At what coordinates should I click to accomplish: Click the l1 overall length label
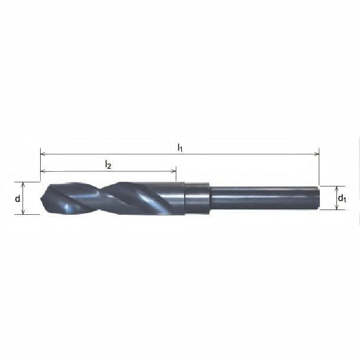pos(181,148)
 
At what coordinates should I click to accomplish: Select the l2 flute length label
pos(108,165)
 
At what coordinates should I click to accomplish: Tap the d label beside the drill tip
pos(18,198)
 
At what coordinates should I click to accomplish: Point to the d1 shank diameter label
pos(342,199)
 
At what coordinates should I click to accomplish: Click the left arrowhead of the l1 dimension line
pos(42,155)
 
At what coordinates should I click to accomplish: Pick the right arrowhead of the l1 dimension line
pos(316,155)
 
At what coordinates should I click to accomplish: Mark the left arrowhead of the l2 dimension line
pos(42,172)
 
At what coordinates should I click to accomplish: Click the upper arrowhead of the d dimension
pos(24,184)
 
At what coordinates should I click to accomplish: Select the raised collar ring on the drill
pos(198,198)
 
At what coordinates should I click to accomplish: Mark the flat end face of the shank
pos(319,198)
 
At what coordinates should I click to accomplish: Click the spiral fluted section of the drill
pos(112,198)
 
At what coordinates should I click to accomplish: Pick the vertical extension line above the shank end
pos(319,168)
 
